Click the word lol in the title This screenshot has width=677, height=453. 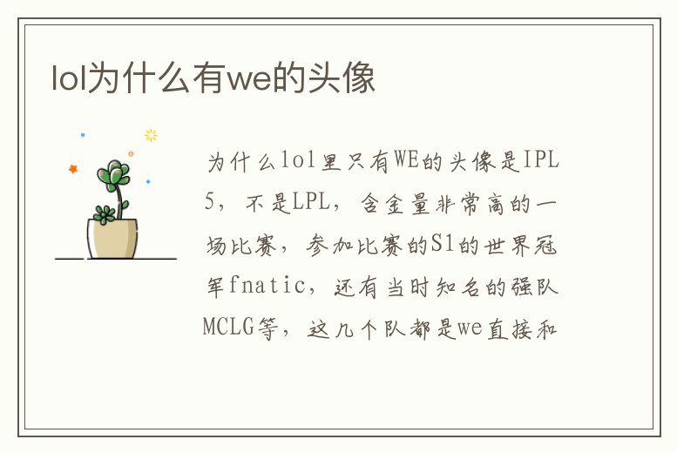(x=66, y=79)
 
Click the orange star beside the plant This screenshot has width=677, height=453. (x=73, y=169)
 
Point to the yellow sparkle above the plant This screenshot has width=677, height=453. (x=151, y=135)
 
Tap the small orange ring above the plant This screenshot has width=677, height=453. (x=131, y=153)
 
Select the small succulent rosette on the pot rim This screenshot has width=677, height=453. (x=105, y=213)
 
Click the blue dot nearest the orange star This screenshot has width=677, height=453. (x=83, y=135)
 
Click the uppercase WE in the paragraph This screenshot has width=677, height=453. (x=405, y=161)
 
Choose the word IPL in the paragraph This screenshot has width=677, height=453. (x=540, y=161)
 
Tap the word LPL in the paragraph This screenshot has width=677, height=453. (x=310, y=203)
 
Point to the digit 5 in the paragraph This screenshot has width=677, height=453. (x=209, y=203)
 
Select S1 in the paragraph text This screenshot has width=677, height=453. (x=443, y=245)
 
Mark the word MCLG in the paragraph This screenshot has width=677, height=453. (x=229, y=328)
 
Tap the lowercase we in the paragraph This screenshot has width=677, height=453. (x=471, y=328)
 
